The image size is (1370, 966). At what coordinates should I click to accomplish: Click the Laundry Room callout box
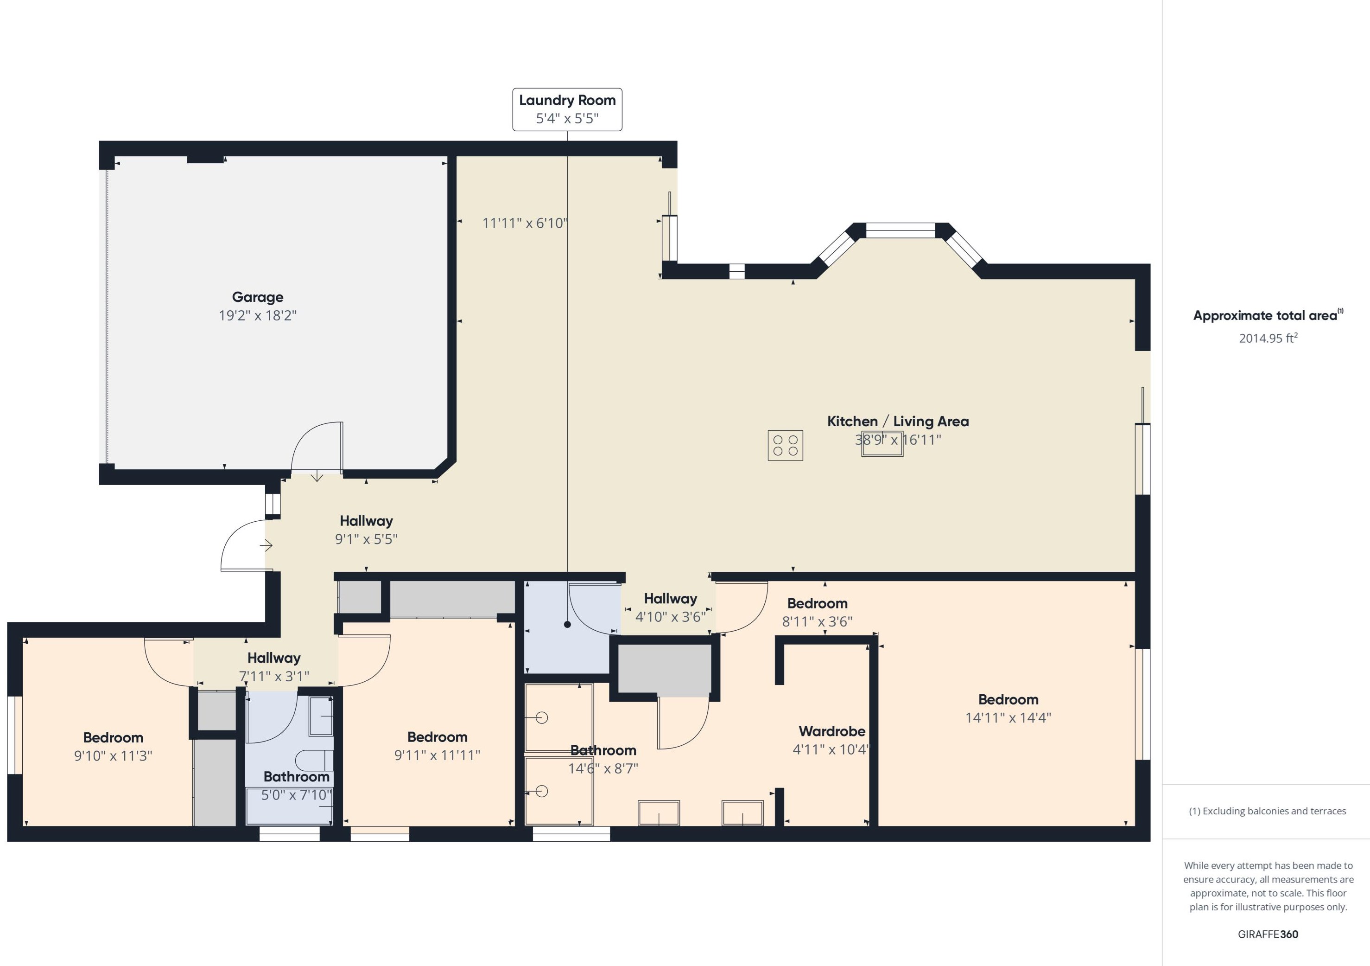pyautogui.click(x=567, y=109)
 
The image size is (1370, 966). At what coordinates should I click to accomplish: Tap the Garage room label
pyautogui.click(x=258, y=297)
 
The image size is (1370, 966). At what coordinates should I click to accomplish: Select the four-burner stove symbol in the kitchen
pyautogui.click(x=785, y=445)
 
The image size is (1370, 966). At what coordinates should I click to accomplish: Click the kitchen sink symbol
pyautogui.click(x=882, y=444)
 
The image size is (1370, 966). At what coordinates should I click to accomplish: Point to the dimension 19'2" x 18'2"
pyautogui.click(x=258, y=315)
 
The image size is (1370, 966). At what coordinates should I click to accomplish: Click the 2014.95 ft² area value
pyautogui.click(x=1268, y=338)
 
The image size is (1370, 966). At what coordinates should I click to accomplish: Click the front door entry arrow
pyautogui.click(x=266, y=545)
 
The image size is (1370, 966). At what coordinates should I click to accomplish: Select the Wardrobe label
pyautogui.click(x=832, y=731)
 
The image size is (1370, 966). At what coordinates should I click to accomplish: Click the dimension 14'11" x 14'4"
pyautogui.click(x=1008, y=717)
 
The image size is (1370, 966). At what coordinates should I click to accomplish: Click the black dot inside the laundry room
pyautogui.click(x=567, y=625)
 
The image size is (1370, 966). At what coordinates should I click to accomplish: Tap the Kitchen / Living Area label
pyautogui.click(x=897, y=421)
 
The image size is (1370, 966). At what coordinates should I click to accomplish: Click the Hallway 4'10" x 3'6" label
pyautogui.click(x=670, y=599)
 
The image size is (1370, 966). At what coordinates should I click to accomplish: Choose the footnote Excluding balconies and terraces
pyautogui.click(x=1268, y=811)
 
